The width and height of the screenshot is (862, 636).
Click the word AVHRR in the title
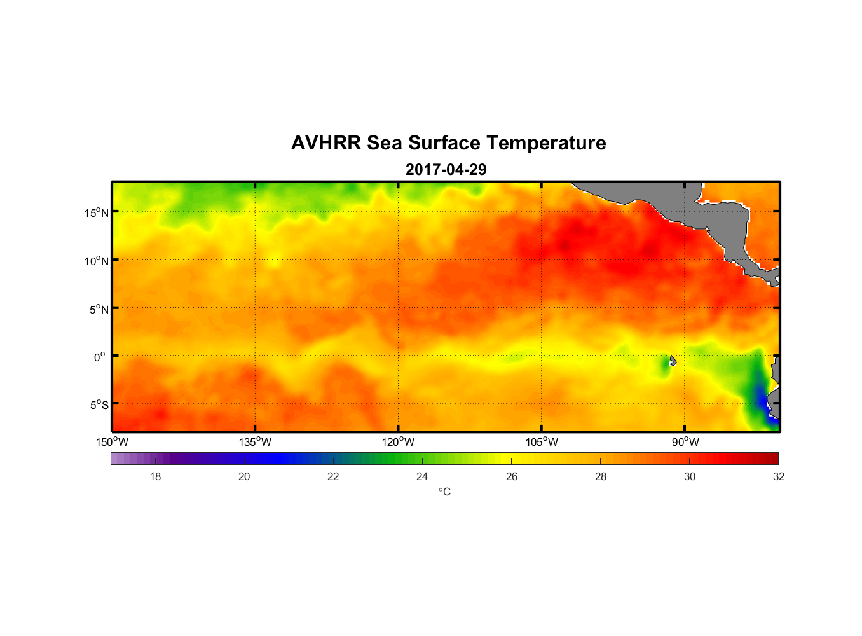point(326,143)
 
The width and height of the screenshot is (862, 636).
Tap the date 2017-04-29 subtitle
point(446,170)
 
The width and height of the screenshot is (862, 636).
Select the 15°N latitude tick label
point(97,212)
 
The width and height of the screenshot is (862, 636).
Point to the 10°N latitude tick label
point(97,261)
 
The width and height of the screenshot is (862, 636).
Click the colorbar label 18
point(155,476)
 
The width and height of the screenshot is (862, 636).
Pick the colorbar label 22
point(333,476)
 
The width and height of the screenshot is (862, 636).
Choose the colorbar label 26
point(512,476)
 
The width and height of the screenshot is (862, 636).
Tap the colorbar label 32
point(779,476)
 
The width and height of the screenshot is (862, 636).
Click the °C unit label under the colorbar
point(444,492)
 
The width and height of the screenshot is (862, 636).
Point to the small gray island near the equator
point(673,361)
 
